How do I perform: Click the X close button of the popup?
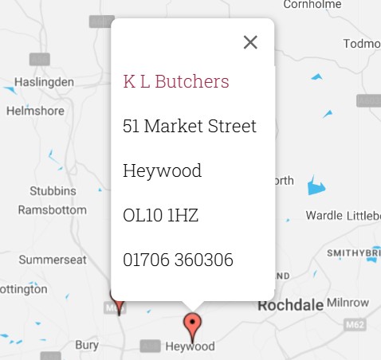[x=250, y=42]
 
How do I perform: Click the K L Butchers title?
[x=176, y=81]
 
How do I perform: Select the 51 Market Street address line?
[x=190, y=126]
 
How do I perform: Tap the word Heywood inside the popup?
[x=163, y=170]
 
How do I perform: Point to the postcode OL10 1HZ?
[x=161, y=215]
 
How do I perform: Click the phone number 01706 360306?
[x=179, y=260]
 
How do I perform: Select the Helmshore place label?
[x=35, y=111]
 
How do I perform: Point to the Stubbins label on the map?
[x=53, y=192]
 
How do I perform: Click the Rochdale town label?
[x=289, y=306]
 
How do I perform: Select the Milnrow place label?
[x=348, y=303]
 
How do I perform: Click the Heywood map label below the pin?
[x=190, y=347]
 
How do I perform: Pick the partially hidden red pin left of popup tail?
[x=118, y=302]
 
